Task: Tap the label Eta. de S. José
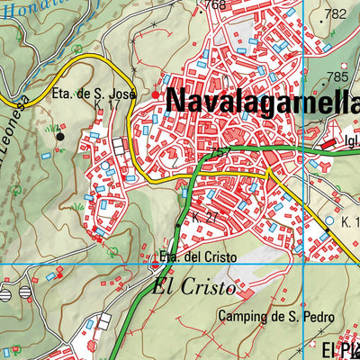pyautogui.click(x=93, y=94)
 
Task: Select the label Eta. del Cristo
pyautogui.click(x=197, y=257)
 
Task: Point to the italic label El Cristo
pyautogui.click(x=193, y=289)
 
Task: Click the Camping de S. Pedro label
pyautogui.click(x=276, y=317)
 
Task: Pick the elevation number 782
pyautogui.click(x=336, y=13)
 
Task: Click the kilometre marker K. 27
pyautogui.click(x=202, y=219)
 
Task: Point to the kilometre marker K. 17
pyautogui.click(x=106, y=106)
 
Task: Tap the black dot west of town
pyautogui.click(x=59, y=136)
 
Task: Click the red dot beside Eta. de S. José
pyautogui.click(x=156, y=94)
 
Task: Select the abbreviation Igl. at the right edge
pyautogui.click(x=351, y=140)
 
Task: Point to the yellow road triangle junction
pyautogui.click(x=268, y=171)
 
